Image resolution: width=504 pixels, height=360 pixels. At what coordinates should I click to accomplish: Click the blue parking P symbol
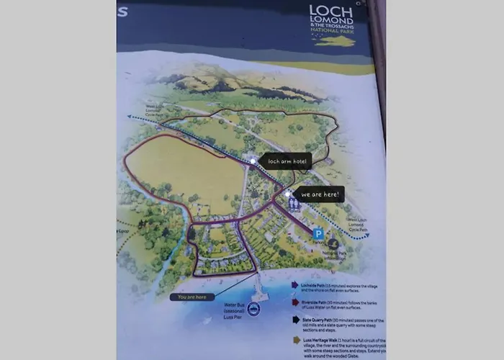coord(318,233)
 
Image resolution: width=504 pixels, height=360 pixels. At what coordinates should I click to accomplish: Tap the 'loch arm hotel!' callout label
coord(287,162)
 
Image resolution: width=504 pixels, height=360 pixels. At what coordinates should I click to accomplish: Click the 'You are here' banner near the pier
coord(192,297)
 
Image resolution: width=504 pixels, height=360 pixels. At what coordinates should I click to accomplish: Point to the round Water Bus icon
coord(253,307)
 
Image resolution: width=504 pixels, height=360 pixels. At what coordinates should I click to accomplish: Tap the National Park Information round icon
coord(333,244)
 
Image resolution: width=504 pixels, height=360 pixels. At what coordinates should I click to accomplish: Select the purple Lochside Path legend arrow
coord(294,284)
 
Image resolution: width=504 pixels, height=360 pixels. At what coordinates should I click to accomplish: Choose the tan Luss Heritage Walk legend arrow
coord(295,339)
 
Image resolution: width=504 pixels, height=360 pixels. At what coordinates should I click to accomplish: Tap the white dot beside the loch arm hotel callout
coord(252,161)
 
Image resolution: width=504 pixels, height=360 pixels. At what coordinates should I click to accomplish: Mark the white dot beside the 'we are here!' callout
coord(287,194)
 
